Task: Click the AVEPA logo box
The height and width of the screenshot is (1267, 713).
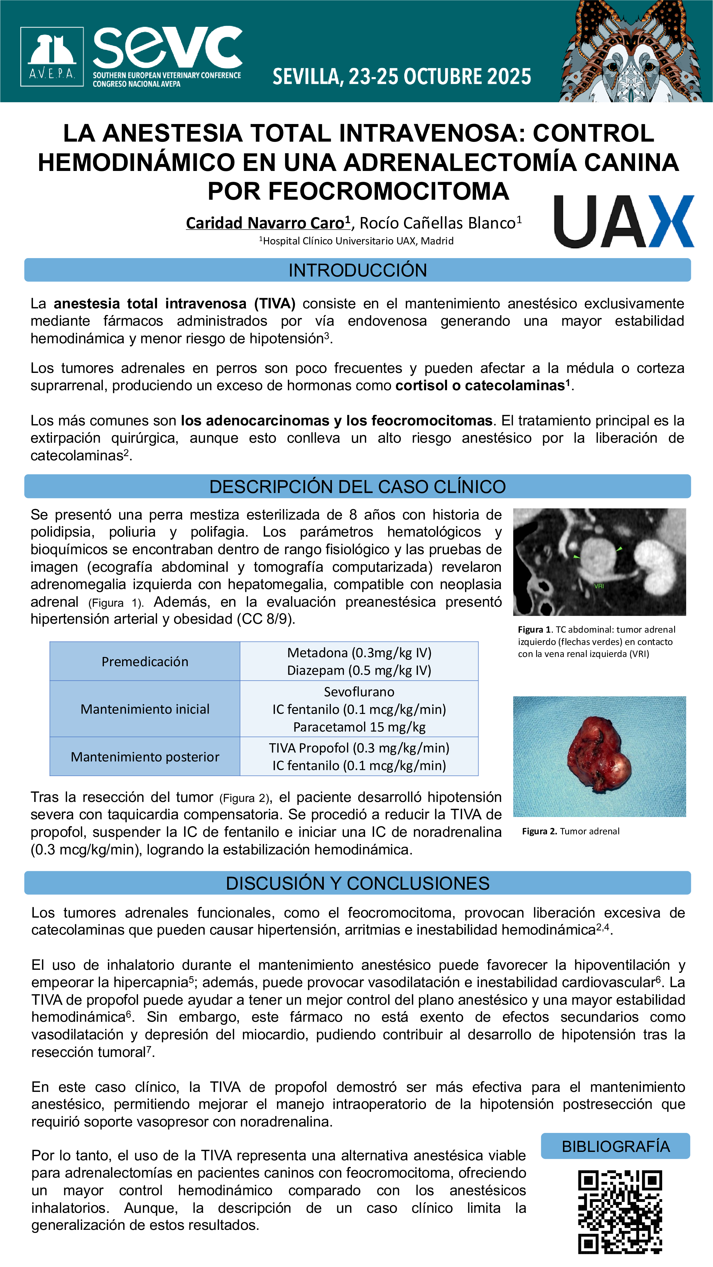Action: coord(52,56)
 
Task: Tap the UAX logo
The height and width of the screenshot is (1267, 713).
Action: coord(623,221)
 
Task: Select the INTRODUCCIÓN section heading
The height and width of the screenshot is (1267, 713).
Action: coord(357,270)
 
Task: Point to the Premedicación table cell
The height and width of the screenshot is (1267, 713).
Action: coord(145,661)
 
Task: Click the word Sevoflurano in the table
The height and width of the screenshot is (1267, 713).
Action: coord(359,692)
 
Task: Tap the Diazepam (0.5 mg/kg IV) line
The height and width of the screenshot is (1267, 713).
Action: coord(359,670)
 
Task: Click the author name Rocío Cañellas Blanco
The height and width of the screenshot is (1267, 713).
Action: coord(438,223)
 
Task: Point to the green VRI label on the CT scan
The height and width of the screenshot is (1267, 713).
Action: coord(598,586)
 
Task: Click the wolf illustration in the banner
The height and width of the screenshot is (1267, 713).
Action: coord(635,52)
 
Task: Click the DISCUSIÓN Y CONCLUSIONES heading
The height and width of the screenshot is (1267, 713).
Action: coord(357,883)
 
